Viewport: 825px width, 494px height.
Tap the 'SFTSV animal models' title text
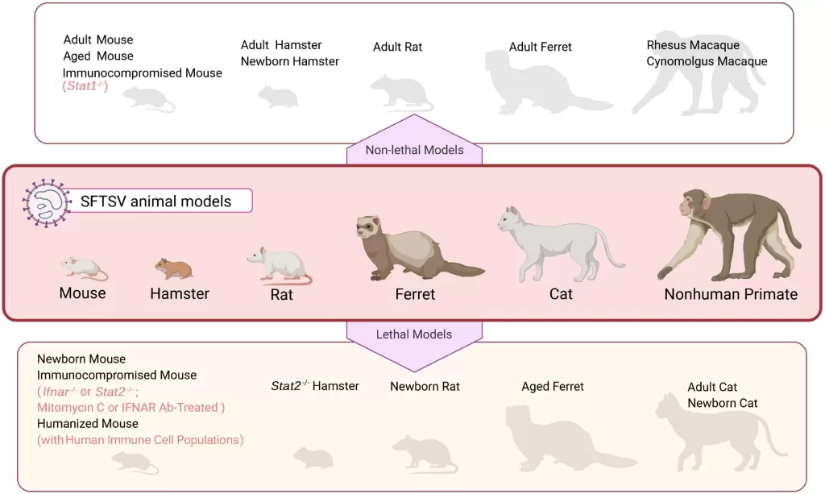click(x=155, y=201)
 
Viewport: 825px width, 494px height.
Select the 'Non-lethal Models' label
click(x=414, y=150)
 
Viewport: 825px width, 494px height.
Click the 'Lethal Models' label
click(x=414, y=334)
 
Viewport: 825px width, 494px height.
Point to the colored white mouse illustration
click(x=81, y=267)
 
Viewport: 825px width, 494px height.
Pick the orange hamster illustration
click(x=174, y=268)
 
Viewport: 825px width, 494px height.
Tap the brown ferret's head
click(x=372, y=227)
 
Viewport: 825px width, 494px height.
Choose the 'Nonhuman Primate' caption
click(x=730, y=294)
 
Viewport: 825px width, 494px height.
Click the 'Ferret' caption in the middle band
click(x=415, y=294)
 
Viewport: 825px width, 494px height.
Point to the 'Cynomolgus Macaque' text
click(x=707, y=61)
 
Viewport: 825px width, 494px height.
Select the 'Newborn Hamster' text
click(x=290, y=61)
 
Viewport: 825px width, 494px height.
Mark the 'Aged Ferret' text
click(x=552, y=387)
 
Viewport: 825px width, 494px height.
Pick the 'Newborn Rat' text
click(x=425, y=386)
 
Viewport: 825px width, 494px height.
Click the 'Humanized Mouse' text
click(x=88, y=423)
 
